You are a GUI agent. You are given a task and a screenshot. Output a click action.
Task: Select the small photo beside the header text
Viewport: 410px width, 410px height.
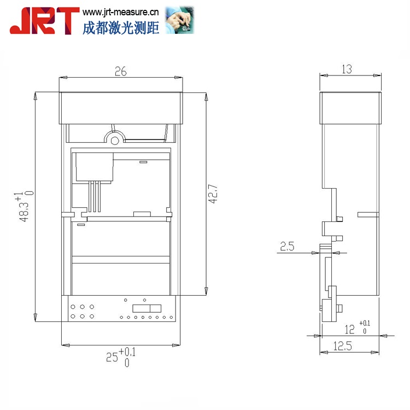(180, 20)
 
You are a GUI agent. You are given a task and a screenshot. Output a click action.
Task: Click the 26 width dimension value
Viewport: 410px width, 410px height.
(120, 71)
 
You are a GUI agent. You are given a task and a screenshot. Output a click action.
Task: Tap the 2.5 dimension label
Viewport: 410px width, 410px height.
(287, 247)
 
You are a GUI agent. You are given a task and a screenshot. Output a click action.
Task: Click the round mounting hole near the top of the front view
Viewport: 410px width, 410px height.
(115, 140)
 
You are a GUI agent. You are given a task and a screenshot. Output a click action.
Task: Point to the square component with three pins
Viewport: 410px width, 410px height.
(94, 167)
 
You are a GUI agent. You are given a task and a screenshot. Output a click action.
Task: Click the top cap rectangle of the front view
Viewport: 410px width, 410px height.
(120, 108)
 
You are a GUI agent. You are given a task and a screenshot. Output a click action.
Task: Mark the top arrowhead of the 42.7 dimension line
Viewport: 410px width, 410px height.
(206, 97)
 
